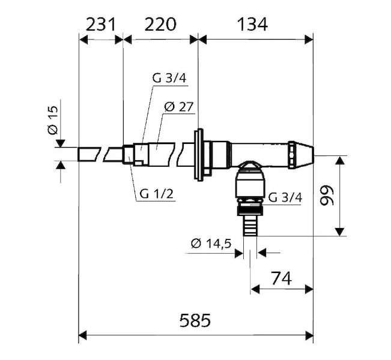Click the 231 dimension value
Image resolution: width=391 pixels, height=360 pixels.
(x=101, y=25)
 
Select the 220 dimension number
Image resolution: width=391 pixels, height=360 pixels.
(x=160, y=25)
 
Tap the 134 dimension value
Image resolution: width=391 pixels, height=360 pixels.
(x=252, y=25)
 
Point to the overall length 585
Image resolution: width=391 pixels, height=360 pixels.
(x=195, y=320)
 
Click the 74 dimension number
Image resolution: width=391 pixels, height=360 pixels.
(x=281, y=278)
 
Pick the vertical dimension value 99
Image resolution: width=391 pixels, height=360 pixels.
(x=327, y=195)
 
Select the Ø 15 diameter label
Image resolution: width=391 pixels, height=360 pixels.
(x=53, y=121)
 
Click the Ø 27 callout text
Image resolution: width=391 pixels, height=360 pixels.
(x=179, y=107)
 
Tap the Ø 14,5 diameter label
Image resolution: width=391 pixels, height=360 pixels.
(x=211, y=243)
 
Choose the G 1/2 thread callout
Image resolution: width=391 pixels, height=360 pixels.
(x=156, y=194)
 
